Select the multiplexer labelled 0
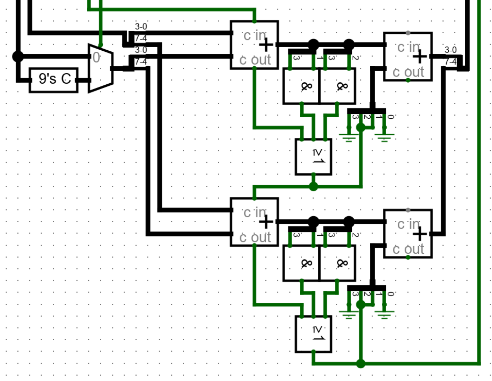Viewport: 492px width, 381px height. [x=101, y=68]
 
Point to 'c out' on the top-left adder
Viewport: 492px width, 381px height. [x=255, y=60]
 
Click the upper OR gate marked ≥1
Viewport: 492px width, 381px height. [x=314, y=157]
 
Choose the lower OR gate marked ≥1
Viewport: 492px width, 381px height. [x=314, y=334]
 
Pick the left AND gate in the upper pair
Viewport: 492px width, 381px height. [x=302, y=86]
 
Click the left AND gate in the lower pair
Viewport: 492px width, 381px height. [x=302, y=263]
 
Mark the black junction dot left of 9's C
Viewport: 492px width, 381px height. [x=18, y=56]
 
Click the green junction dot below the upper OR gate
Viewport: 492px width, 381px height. [x=314, y=186]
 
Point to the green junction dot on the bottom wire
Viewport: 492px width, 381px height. [x=361, y=363]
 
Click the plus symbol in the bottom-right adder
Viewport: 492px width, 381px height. [x=420, y=234]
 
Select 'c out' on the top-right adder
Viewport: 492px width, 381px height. [x=408, y=72]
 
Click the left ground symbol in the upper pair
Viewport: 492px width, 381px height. [x=349, y=137]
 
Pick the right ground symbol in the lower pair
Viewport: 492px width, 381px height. [x=385, y=314]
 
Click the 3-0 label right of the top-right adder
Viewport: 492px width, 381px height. [x=450, y=50]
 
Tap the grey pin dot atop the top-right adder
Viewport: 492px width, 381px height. [x=408, y=33]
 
